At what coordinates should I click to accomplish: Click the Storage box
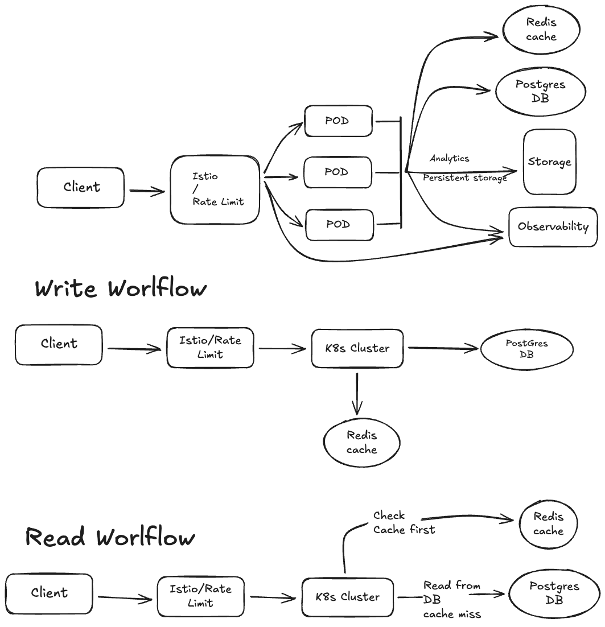tap(549, 162)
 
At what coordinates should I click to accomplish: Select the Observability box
tap(553, 226)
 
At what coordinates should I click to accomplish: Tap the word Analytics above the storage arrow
tap(450, 158)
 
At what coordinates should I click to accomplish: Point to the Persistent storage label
tap(464, 178)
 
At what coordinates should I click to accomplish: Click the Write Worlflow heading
tap(121, 288)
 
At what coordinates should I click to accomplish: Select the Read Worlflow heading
tap(110, 537)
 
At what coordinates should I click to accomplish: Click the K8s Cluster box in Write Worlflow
tap(357, 348)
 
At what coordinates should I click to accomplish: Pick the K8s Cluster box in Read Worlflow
tap(347, 597)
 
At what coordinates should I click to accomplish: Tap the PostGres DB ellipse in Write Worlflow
tap(526, 349)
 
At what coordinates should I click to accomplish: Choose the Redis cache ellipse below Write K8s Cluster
tap(361, 443)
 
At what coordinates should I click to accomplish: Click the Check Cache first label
tap(404, 522)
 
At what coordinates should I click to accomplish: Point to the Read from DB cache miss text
tap(452, 600)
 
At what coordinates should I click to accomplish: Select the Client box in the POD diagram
tap(81, 187)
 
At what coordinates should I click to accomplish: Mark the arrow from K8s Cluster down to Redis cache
tap(357, 394)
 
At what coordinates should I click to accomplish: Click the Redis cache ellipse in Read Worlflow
tap(548, 524)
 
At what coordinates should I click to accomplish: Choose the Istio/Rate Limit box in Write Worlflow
tap(210, 348)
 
